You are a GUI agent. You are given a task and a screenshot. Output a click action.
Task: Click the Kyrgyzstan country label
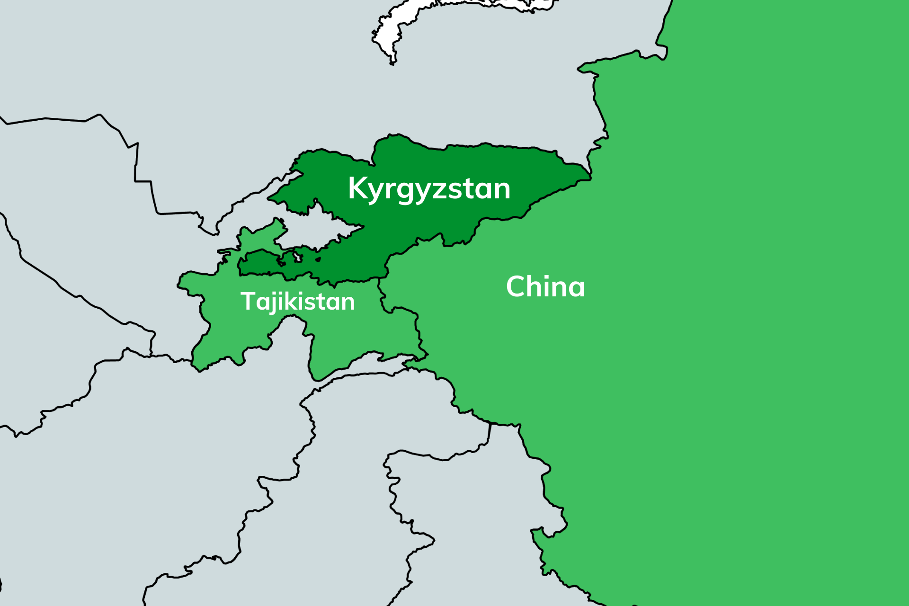(x=429, y=188)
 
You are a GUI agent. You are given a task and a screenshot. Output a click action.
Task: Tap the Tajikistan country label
(x=297, y=301)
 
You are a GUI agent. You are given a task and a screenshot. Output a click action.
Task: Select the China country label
(x=545, y=286)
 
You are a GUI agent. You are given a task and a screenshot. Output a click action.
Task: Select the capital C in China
(x=517, y=286)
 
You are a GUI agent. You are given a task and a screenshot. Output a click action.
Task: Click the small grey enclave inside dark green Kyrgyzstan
(x=298, y=257)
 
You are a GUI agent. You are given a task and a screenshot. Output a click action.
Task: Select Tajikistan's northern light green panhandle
(x=260, y=237)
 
